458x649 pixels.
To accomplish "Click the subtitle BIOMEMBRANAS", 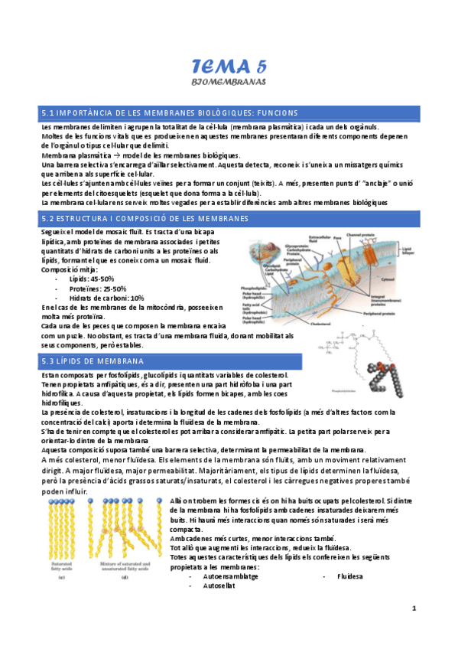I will [229, 80].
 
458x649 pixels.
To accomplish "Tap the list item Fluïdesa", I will [348, 576].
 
